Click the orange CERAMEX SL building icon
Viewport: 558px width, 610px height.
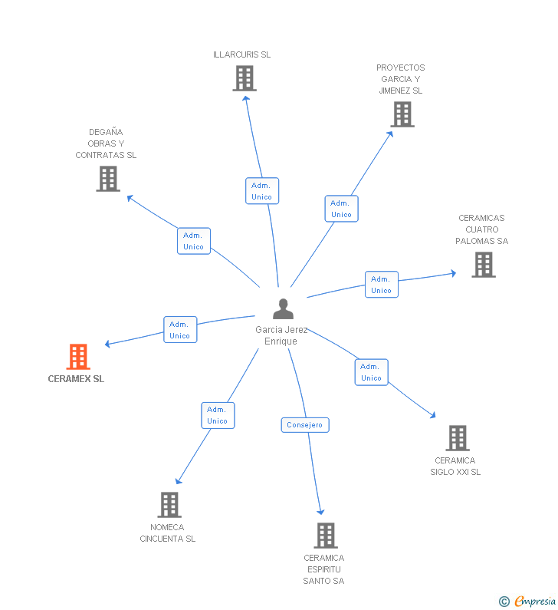click(78, 356)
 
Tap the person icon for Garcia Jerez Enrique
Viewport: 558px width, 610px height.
click(284, 309)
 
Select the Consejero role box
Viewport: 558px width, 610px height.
click(305, 425)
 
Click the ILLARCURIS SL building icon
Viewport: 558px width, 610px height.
click(245, 78)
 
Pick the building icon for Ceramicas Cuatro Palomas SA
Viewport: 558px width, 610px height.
click(484, 265)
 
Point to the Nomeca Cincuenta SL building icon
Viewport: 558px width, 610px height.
click(169, 505)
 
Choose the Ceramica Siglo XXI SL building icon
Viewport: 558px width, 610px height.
click(458, 438)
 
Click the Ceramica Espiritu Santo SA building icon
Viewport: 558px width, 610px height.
click(326, 536)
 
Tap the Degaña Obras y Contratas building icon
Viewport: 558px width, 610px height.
click(108, 179)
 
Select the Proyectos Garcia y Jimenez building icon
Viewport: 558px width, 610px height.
click(402, 114)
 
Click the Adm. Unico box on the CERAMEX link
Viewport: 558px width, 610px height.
click(180, 329)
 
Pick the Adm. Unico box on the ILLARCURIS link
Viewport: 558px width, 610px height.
click(262, 190)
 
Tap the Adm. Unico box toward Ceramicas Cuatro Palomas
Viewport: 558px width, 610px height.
click(382, 285)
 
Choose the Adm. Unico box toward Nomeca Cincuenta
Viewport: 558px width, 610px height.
click(218, 415)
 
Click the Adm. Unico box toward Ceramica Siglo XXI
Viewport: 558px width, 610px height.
click(372, 372)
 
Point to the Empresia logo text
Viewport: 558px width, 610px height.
click(535, 602)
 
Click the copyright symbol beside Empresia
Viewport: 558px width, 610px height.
click(504, 602)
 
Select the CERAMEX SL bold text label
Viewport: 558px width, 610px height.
click(76, 379)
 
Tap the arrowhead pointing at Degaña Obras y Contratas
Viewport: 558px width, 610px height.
click(130, 198)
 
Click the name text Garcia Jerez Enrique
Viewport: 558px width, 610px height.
click(281, 335)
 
